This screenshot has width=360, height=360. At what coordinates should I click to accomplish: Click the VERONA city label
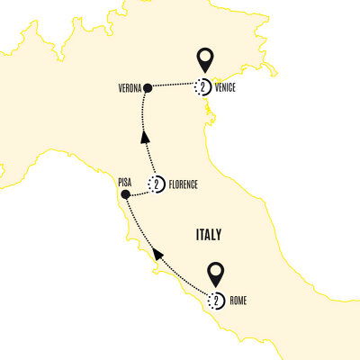[x=130, y=88]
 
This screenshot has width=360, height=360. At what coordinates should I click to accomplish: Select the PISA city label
[x=125, y=181]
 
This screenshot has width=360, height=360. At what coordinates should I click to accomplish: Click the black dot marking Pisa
[x=126, y=193]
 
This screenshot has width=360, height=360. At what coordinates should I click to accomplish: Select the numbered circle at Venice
[x=203, y=87]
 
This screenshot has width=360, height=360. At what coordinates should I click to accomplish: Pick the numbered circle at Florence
[x=157, y=185]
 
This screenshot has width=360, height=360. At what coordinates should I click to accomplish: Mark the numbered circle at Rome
[x=216, y=300]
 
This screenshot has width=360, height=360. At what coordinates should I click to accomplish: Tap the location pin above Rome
[x=216, y=273]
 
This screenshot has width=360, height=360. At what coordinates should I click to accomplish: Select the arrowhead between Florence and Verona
[x=142, y=139]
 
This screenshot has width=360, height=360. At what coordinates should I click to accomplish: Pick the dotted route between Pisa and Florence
[x=140, y=190]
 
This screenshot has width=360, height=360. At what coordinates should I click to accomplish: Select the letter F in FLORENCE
[x=169, y=185]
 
